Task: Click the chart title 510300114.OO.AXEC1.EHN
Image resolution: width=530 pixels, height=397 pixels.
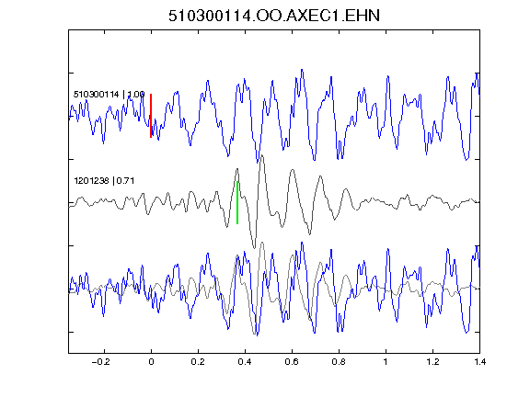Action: [x=274, y=16]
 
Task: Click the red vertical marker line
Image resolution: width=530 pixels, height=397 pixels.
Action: [x=151, y=116]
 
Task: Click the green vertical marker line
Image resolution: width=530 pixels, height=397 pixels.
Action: [x=237, y=202]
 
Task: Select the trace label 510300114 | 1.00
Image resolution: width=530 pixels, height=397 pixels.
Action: [x=109, y=94]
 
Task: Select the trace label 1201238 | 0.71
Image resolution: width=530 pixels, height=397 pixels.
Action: [x=104, y=181]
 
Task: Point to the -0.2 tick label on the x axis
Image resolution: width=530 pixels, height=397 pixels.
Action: [x=100, y=362]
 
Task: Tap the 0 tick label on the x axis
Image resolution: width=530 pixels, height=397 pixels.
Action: [x=151, y=362]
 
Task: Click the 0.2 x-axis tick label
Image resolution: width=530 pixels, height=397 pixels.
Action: [x=198, y=362]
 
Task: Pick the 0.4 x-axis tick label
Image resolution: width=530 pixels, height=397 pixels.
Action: [x=245, y=362]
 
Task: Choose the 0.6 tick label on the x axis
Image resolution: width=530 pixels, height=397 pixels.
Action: [x=292, y=362]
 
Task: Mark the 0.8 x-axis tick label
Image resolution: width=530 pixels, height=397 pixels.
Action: [x=339, y=362]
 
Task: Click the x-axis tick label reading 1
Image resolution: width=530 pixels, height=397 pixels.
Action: [x=386, y=362]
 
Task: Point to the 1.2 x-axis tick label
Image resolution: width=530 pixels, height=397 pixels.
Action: [x=432, y=362]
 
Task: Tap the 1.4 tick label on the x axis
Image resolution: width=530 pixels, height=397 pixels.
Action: [x=479, y=362]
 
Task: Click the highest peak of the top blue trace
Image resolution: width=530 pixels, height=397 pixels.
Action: [x=302, y=70]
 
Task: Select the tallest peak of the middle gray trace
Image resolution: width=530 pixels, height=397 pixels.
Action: [x=262, y=155]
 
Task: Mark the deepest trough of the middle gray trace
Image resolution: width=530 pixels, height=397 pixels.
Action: [x=255, y=248]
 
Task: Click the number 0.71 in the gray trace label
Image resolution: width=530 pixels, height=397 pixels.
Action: [x=125, y=181]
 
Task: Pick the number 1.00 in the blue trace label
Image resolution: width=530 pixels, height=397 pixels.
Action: [x=136, y=94]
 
